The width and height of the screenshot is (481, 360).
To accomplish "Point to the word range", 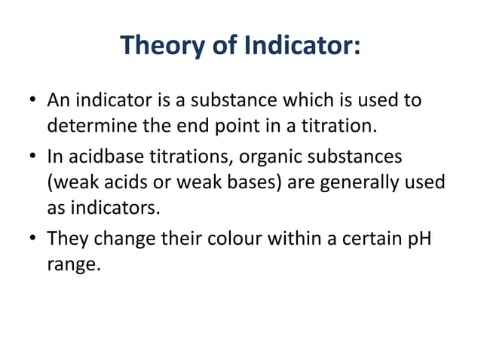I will tap(73, 266).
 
